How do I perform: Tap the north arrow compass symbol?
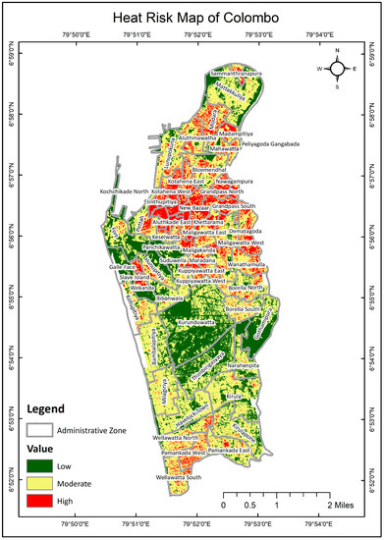coord(337,69)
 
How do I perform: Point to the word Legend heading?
coord(45,407)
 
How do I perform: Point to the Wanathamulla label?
coord(263,238)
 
